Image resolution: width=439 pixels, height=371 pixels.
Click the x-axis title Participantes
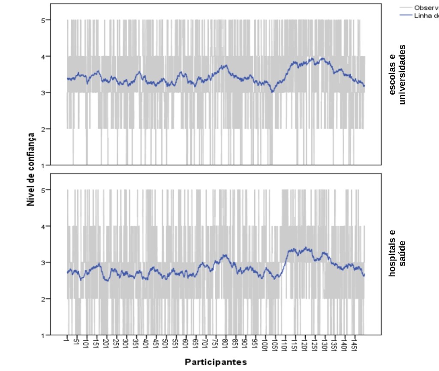tap(216, 362)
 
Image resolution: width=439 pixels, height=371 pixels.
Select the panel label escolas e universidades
tap(397, 74)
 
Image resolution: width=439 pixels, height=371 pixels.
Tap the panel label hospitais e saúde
tap(397, 253)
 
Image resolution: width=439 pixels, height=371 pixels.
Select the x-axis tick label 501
tap(166, 345)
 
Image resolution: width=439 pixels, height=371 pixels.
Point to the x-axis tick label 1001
tap(265, 346)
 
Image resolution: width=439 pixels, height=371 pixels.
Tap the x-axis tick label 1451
tap(354, 346)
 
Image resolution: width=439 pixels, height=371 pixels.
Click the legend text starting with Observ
tap(426, 8)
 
